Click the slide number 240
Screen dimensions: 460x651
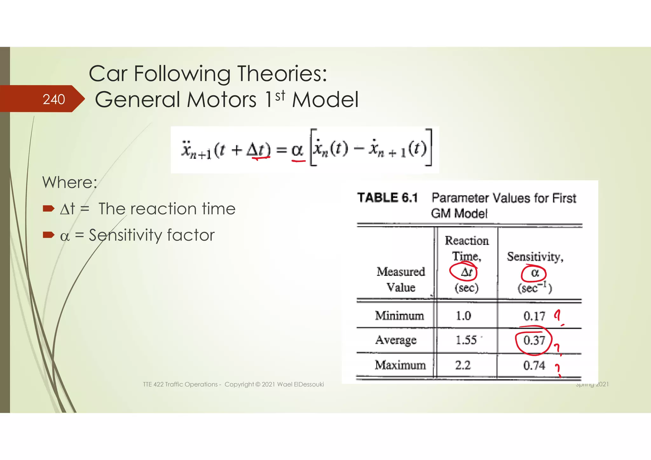(54, 99)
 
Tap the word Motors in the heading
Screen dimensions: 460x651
(221, 100)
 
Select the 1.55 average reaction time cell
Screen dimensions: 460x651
(466, 340)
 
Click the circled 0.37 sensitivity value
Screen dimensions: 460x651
(534, 341)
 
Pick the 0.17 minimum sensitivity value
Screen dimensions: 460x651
(534, 316)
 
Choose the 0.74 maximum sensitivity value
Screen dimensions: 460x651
(534, 366)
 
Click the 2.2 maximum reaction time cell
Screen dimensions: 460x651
(463, 365)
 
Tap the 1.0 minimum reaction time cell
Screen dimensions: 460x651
(463, 316)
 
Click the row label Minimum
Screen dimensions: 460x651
(400, 316)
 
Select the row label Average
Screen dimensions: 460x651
(396, 340)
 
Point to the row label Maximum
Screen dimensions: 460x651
(400, 365)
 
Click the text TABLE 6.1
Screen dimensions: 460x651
(387, 198)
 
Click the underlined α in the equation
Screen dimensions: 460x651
(297, 150)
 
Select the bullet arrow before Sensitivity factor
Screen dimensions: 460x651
(49, 235)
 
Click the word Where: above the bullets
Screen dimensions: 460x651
(70, 183)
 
